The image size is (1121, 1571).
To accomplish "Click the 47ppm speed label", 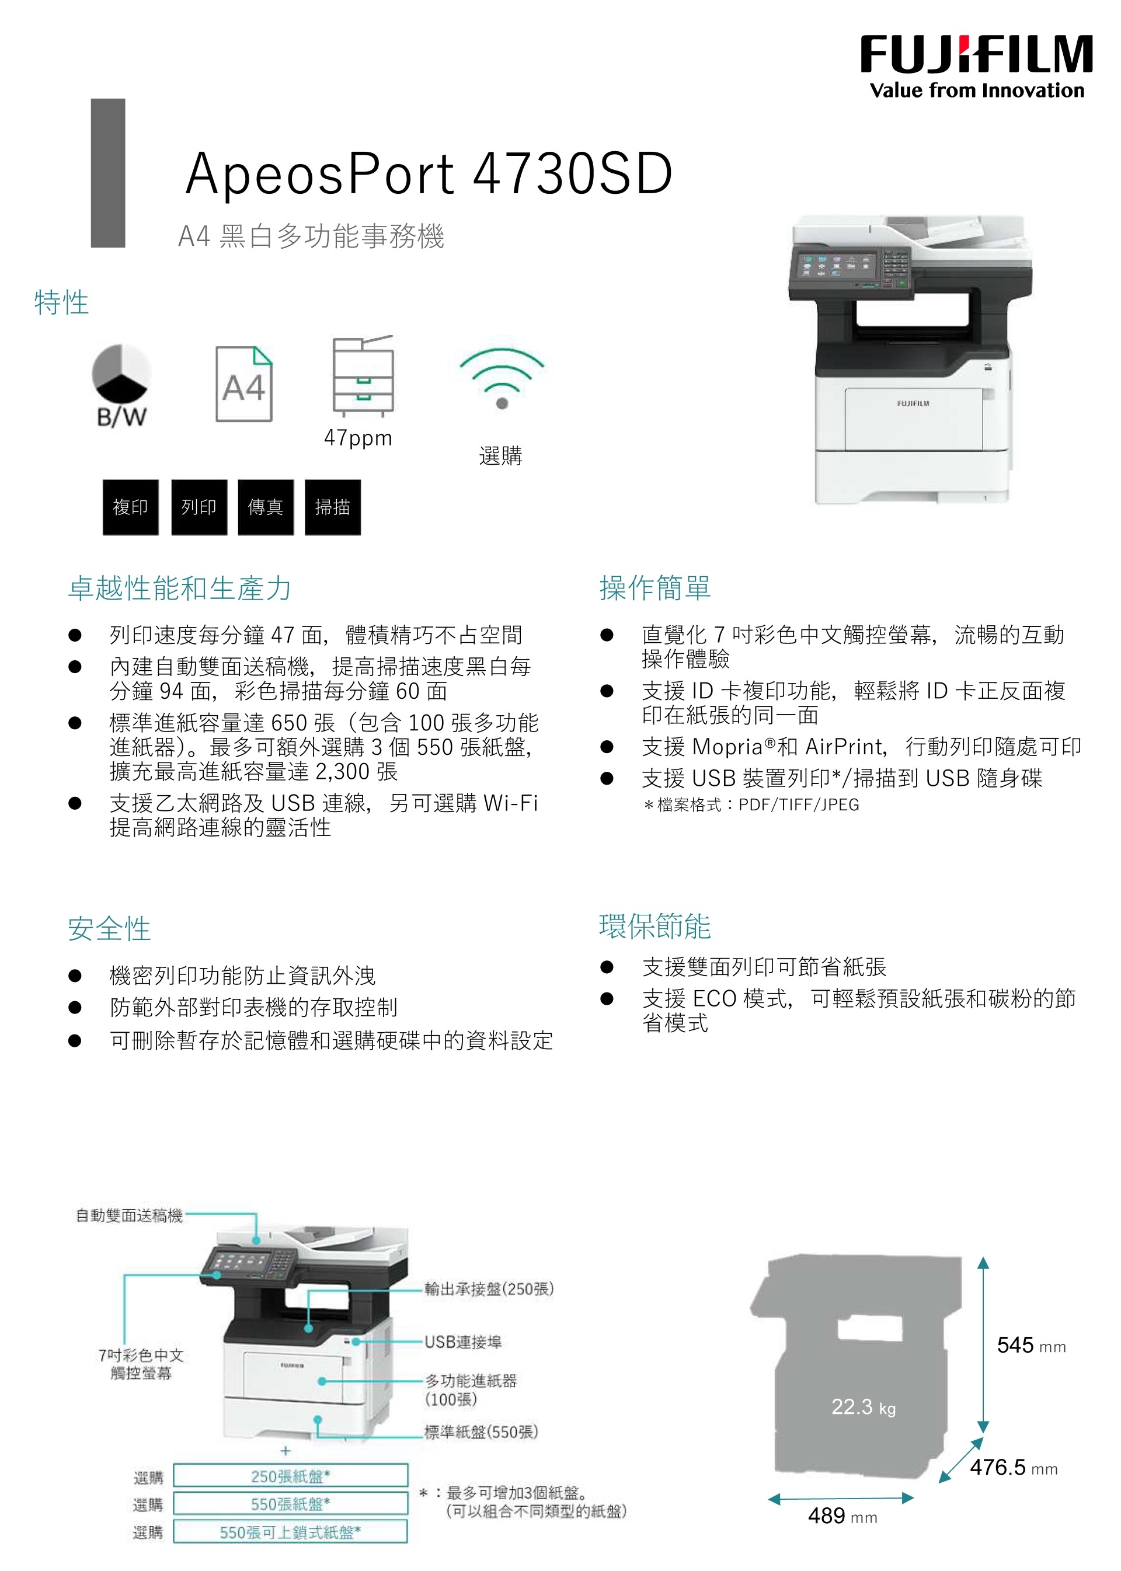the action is (358, 438).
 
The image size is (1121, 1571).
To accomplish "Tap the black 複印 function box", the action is (130, 507).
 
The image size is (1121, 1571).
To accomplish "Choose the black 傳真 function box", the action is (266, 507).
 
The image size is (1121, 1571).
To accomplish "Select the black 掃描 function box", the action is (333, 507).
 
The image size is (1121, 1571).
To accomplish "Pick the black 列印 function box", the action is (199, 507).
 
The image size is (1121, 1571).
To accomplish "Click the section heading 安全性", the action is (109, 928).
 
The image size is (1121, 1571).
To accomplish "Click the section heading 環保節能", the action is (655, 926).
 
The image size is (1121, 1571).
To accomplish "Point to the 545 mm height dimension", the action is (1031, 1344).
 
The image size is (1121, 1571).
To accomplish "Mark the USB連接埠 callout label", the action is (463, 1342).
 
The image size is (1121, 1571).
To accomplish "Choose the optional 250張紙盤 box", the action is (291, 1476).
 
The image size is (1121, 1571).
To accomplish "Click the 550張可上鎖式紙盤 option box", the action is (291, 1532).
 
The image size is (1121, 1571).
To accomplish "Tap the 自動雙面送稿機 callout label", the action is (129, 1215).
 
